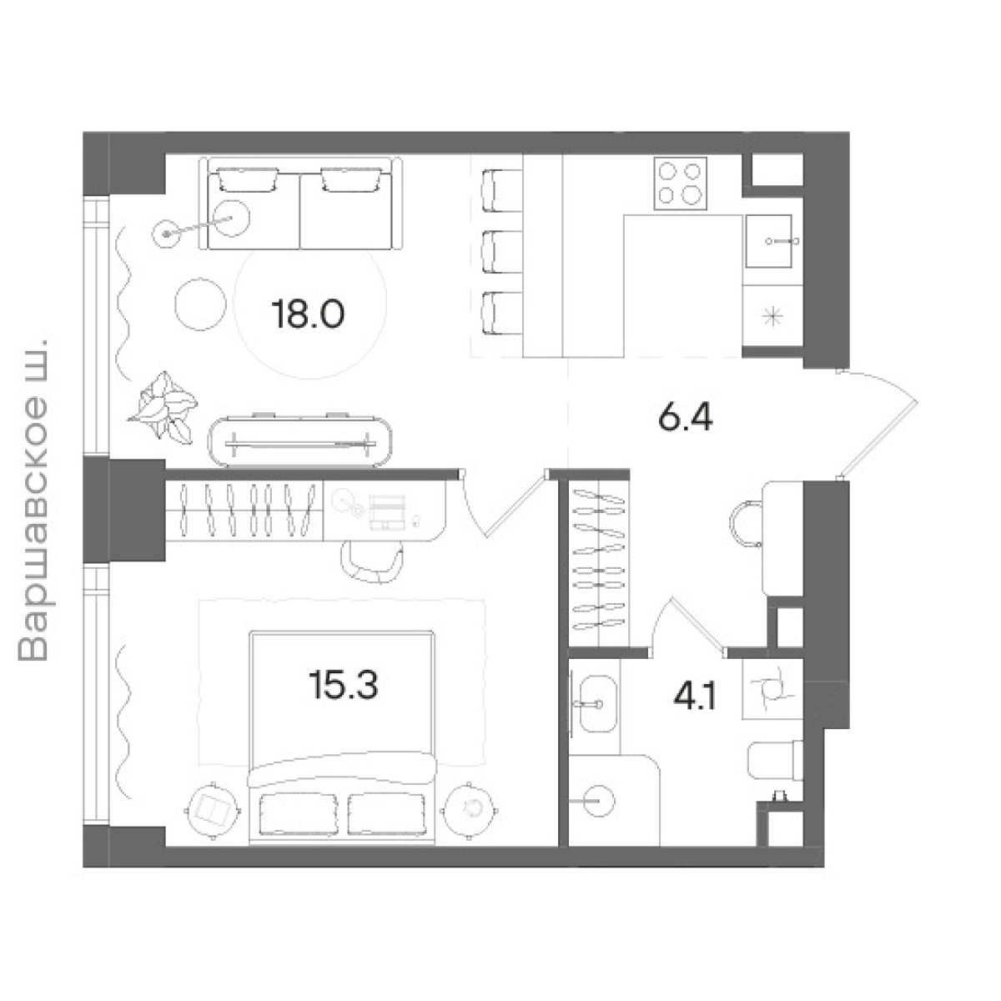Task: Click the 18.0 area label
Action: [308, 314]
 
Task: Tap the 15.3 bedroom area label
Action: [344, 684]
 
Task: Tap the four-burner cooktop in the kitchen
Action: [681, 184]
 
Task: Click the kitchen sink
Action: [769, 241]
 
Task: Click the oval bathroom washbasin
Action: [597, 704]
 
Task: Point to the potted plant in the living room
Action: [163, 407]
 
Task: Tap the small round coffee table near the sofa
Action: [200, 304]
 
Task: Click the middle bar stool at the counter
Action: [502, 251]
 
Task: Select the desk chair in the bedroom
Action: [372, 562]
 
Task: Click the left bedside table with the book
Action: [213, 810]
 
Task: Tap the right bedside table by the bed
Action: [470, 810]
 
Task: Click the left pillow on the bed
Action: [299, 814]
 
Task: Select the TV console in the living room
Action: [299, 441]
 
